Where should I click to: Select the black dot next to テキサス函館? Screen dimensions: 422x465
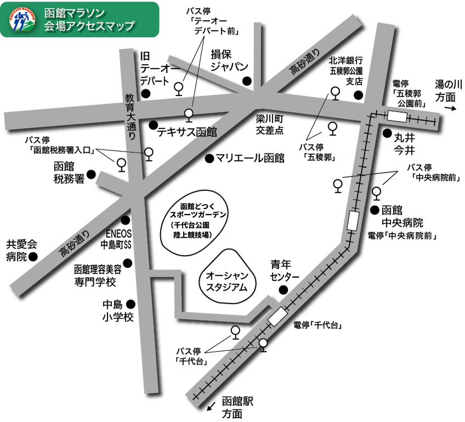(x=153, y=125)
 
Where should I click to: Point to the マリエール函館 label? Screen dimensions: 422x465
(x=249, y=159)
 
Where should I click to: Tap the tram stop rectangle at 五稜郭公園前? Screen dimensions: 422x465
(x=397, y=116)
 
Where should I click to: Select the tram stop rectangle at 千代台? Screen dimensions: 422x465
(x=277, y=317)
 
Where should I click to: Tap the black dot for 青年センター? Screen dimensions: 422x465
(x=283, y=290)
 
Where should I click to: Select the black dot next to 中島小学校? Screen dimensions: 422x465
(x=131, y=304)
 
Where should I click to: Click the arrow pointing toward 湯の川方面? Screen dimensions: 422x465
(x=449, y=109)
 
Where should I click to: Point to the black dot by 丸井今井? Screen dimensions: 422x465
(x=387, y=133)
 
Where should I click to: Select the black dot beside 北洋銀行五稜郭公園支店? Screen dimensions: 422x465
(x=358, y=95)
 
